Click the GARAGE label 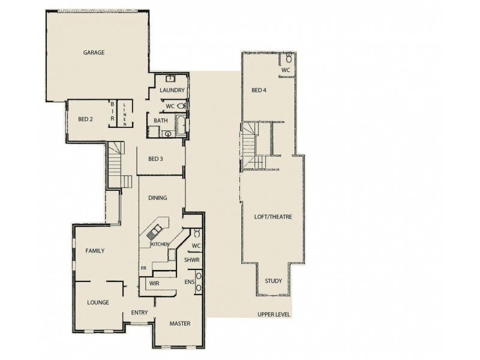(x=94, y=53)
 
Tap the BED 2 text (x=85, y=119)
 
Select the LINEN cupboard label (x=124, y=113)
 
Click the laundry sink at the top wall (x=170, y=78)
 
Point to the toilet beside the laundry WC (x=181, y=106)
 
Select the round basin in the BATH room (x=167, y=134)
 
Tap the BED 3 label (x=155, y=159)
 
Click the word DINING (x=157, y=198)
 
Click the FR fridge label (x=143, y=268)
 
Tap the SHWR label (x=192, y=260)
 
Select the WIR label (x=154, y=283)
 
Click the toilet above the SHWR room (x=196, y=233)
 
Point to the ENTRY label (x=140, y=313)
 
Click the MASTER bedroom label (x=179, y=324)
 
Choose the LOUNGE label (x=98, y=302)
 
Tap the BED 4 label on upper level (x=259, y=90)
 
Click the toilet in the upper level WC (x=289, y=59)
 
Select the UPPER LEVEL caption (x=274, y=314)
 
